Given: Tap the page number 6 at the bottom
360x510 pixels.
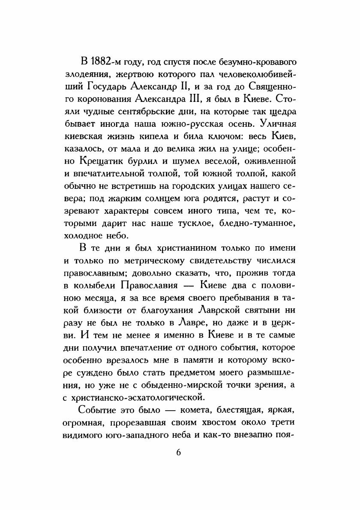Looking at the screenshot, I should click(179, 453).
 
